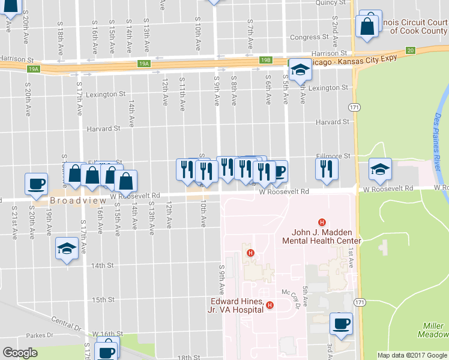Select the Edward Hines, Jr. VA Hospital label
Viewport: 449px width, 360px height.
pyautogui.click(x=237, y=305)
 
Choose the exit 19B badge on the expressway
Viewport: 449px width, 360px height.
pyautogui.click(x=266, y=60)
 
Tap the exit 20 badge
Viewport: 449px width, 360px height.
pyautogui.click(x=411, y=50)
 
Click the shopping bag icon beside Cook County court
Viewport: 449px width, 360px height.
pyautogui.click(x=367, y=26)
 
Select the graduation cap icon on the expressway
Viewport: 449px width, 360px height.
pyautogui.click(x=299, y=70)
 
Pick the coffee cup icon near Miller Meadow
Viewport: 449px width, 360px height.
pyautogui.click(x=341, y=325)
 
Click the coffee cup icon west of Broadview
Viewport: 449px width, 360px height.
pyautogui.click(x=35, y=184)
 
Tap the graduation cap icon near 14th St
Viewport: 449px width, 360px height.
pyautogui.click(x=66, y=248)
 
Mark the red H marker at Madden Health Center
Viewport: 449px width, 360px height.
pyautogui.click(x=322, y=223)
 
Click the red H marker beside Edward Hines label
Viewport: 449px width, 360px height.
pyautogui.click(x=270, y=305)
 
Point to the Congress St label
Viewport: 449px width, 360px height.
pyautogui.click(x=309, y=37)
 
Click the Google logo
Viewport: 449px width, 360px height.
pyautogui.click(x=20, y=353)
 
